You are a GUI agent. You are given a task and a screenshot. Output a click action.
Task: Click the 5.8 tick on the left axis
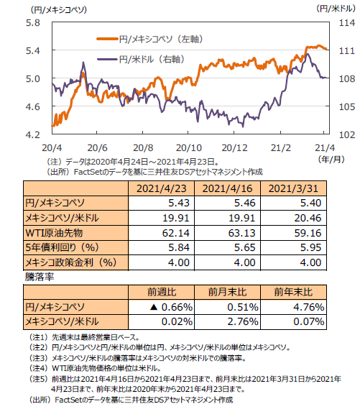pos(33,23)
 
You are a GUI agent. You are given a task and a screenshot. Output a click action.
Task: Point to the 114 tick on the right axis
pos(347,23)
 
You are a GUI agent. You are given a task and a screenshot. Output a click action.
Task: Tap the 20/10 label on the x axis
pos(189,148)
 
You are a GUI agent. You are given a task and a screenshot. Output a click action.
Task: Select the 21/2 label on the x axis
pos(281,148)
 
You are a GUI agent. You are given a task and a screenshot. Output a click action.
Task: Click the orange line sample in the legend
pos(108,39)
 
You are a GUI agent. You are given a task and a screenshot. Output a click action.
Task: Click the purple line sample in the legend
pos(108,60)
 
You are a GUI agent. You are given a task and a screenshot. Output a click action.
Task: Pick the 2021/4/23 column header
pos(162,188)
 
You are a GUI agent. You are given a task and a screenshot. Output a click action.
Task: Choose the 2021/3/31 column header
pos(293,188)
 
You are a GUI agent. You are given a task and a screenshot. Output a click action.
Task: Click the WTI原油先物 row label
pos(54,233)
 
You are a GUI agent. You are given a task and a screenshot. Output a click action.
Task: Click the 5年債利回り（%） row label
pos(63,247)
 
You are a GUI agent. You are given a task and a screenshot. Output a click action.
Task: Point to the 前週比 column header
pos(162,292)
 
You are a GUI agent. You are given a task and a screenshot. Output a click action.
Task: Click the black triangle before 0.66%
pos(154,307)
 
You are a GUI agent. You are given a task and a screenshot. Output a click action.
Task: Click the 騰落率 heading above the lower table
pos(40,277)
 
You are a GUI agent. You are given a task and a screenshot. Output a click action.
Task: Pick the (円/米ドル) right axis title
pos(336,9)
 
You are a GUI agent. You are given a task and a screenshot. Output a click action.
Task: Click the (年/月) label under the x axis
pos(331,160)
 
